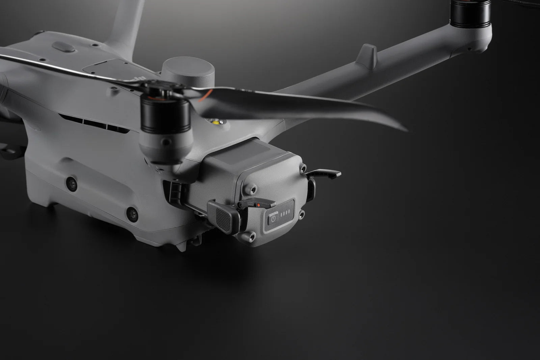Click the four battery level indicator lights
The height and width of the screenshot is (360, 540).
286,214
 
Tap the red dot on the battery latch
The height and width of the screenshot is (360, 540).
258,205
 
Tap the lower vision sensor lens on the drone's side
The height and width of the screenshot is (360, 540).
132,213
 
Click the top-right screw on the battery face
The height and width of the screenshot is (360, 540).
303,168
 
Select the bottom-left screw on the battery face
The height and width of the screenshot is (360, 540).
251,237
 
